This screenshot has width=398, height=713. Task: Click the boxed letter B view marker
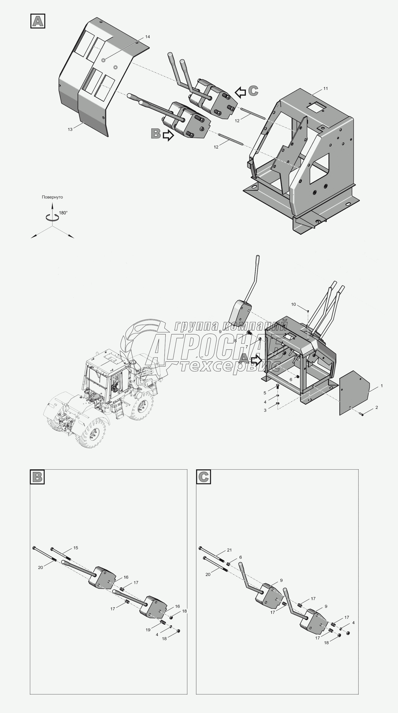click(37, 477)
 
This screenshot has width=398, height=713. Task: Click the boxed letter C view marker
click(203, 477)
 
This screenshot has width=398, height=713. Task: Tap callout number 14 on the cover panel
click(147, 37)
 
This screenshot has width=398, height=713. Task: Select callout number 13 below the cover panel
click(70, 129)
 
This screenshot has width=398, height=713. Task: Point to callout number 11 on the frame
click(325, 88)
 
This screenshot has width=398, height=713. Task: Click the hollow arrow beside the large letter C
click(240, 93)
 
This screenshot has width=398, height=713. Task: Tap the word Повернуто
click(52, 197)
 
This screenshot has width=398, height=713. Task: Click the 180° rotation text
click(63, 213)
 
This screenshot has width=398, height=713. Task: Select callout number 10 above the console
click(294, 304)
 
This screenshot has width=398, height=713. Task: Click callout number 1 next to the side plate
click(382, 386)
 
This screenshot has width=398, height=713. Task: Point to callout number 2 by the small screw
click(377, 407)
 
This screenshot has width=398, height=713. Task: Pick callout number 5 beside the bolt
click(265, 393)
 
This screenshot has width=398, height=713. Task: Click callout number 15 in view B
click(76, 548)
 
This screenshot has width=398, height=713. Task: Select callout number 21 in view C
click(229, 550)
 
